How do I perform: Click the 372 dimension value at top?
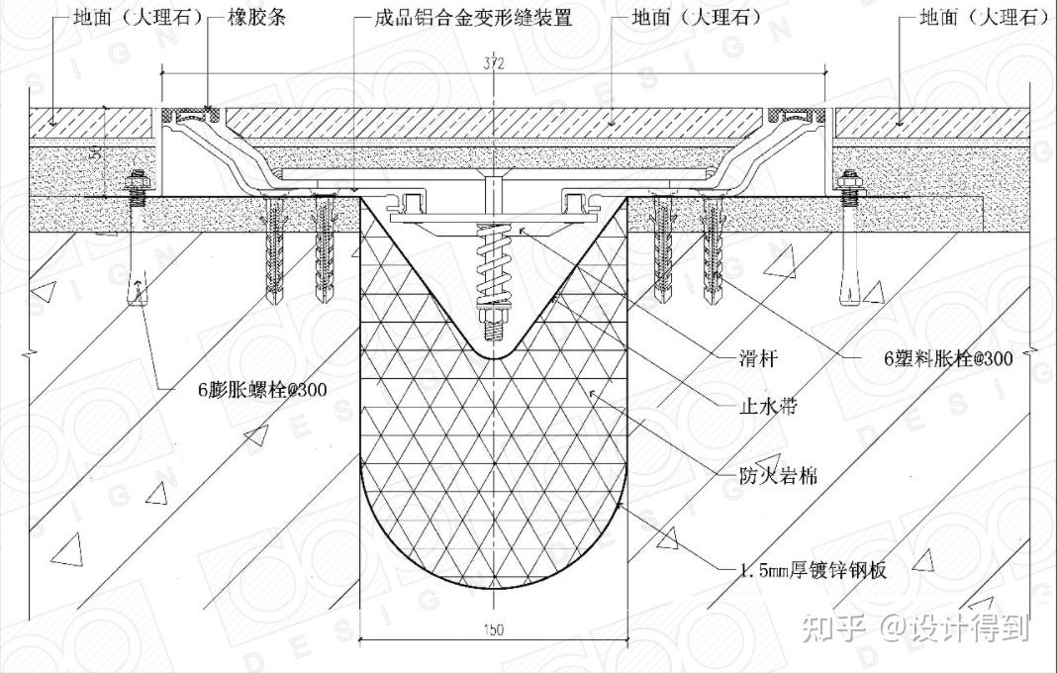tap(496, 64)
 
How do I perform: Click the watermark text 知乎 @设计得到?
tap(916, 626)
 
